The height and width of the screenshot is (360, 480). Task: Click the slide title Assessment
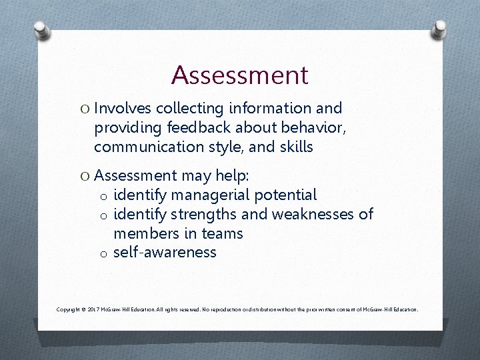pos(239,75)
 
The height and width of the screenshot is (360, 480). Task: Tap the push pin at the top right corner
pos(439,28)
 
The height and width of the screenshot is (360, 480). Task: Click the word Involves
pos(123,108)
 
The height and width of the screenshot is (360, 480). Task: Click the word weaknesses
pos(315,214)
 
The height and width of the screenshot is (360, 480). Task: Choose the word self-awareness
pos(165,252)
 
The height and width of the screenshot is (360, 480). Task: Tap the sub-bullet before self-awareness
pos(103,253)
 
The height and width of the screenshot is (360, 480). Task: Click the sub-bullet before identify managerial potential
pos(103,196)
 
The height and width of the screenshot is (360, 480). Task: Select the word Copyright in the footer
pos(69,310)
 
